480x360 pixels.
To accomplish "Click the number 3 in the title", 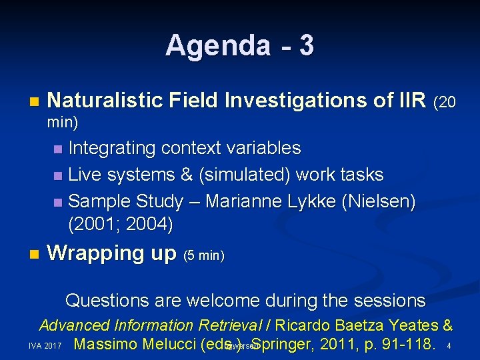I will pos(306,46).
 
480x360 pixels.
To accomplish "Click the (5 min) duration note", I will pos(203,255).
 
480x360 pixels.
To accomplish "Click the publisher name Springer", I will pos(283,345).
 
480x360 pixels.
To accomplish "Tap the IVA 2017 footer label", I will pos(45,347).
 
